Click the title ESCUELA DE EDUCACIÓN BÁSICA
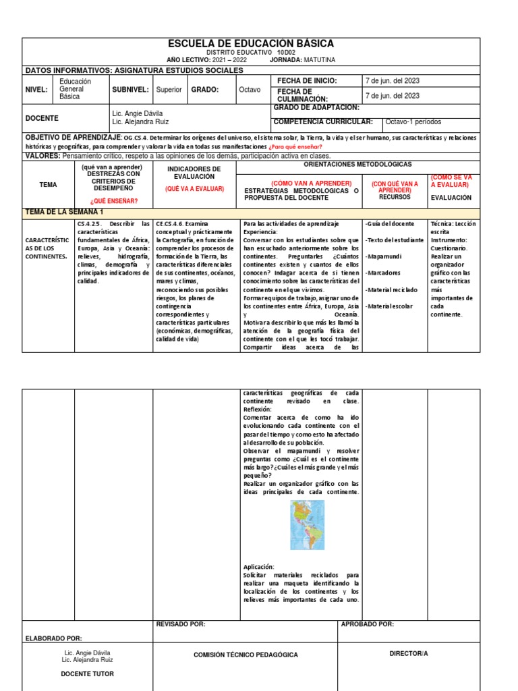250,44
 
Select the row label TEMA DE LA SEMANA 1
65,212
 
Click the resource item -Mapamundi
383,256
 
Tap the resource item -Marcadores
383,273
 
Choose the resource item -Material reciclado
391,289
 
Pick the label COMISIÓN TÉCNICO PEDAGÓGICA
246,655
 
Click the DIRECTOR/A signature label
409,654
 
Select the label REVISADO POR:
181,625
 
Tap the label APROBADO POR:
368,625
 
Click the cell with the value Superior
169,89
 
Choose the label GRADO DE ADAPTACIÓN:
316,107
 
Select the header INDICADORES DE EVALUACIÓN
194,173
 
